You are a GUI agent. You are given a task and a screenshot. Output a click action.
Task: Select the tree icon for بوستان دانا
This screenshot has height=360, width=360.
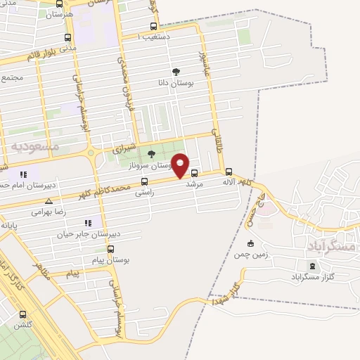(x=176, y=72)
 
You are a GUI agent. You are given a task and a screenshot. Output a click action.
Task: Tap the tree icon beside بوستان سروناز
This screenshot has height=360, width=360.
(x=151, y=154)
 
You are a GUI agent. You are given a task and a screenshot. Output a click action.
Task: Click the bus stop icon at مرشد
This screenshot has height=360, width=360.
(x=194, y=173)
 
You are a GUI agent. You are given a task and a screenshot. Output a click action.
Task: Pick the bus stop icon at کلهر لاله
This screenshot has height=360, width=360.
(x=229, y=172)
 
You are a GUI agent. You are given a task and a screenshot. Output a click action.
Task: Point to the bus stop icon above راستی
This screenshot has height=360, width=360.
(x=144, y=181)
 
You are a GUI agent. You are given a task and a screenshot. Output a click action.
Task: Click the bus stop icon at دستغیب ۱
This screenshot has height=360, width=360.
(x=153, y=27)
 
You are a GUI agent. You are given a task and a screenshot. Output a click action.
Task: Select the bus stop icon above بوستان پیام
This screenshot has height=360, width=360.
(x=110, y=249)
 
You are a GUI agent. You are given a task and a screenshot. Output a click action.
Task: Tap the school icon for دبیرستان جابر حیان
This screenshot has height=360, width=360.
(x=88, y=223)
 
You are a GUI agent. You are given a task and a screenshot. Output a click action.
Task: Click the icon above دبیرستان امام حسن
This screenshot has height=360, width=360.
(x=23, y=174)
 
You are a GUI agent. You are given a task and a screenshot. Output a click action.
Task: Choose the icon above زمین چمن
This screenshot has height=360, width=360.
(x=250, y=243)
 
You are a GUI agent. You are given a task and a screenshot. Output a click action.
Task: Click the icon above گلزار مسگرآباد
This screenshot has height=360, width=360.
(x=313, y=266)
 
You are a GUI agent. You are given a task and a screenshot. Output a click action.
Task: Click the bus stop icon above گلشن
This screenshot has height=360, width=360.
(x=22, y=315)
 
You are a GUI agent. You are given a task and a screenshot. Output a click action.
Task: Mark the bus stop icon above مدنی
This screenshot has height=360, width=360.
(x=67, y=38)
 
